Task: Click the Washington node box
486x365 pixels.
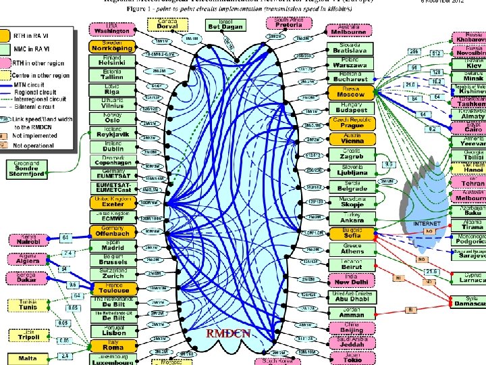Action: click(111, 29)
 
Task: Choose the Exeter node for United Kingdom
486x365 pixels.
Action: click(109, 202)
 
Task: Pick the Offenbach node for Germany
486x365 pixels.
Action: click(109, 233)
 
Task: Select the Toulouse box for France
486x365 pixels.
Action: click(109, 289)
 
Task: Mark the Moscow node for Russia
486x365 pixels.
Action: click(351, 93)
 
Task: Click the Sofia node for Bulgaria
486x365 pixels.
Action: click(351, 233)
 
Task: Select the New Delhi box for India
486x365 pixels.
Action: click(351, 280)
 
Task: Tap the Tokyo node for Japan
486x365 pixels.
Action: click(351, 358)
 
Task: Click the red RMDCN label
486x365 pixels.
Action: click(228, 333)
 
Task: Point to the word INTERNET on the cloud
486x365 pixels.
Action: click(427, 224)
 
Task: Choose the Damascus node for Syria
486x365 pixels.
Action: click(469, 301)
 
